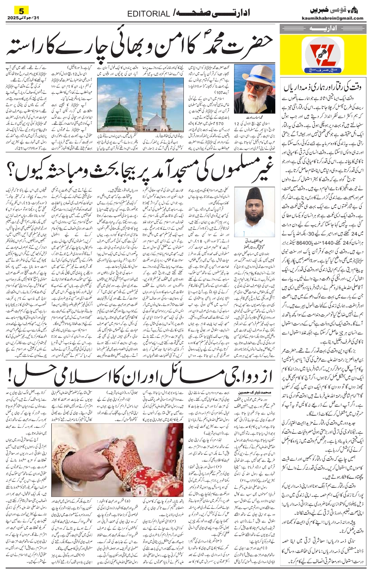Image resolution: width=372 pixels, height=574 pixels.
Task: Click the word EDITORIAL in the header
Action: [148, 14]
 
